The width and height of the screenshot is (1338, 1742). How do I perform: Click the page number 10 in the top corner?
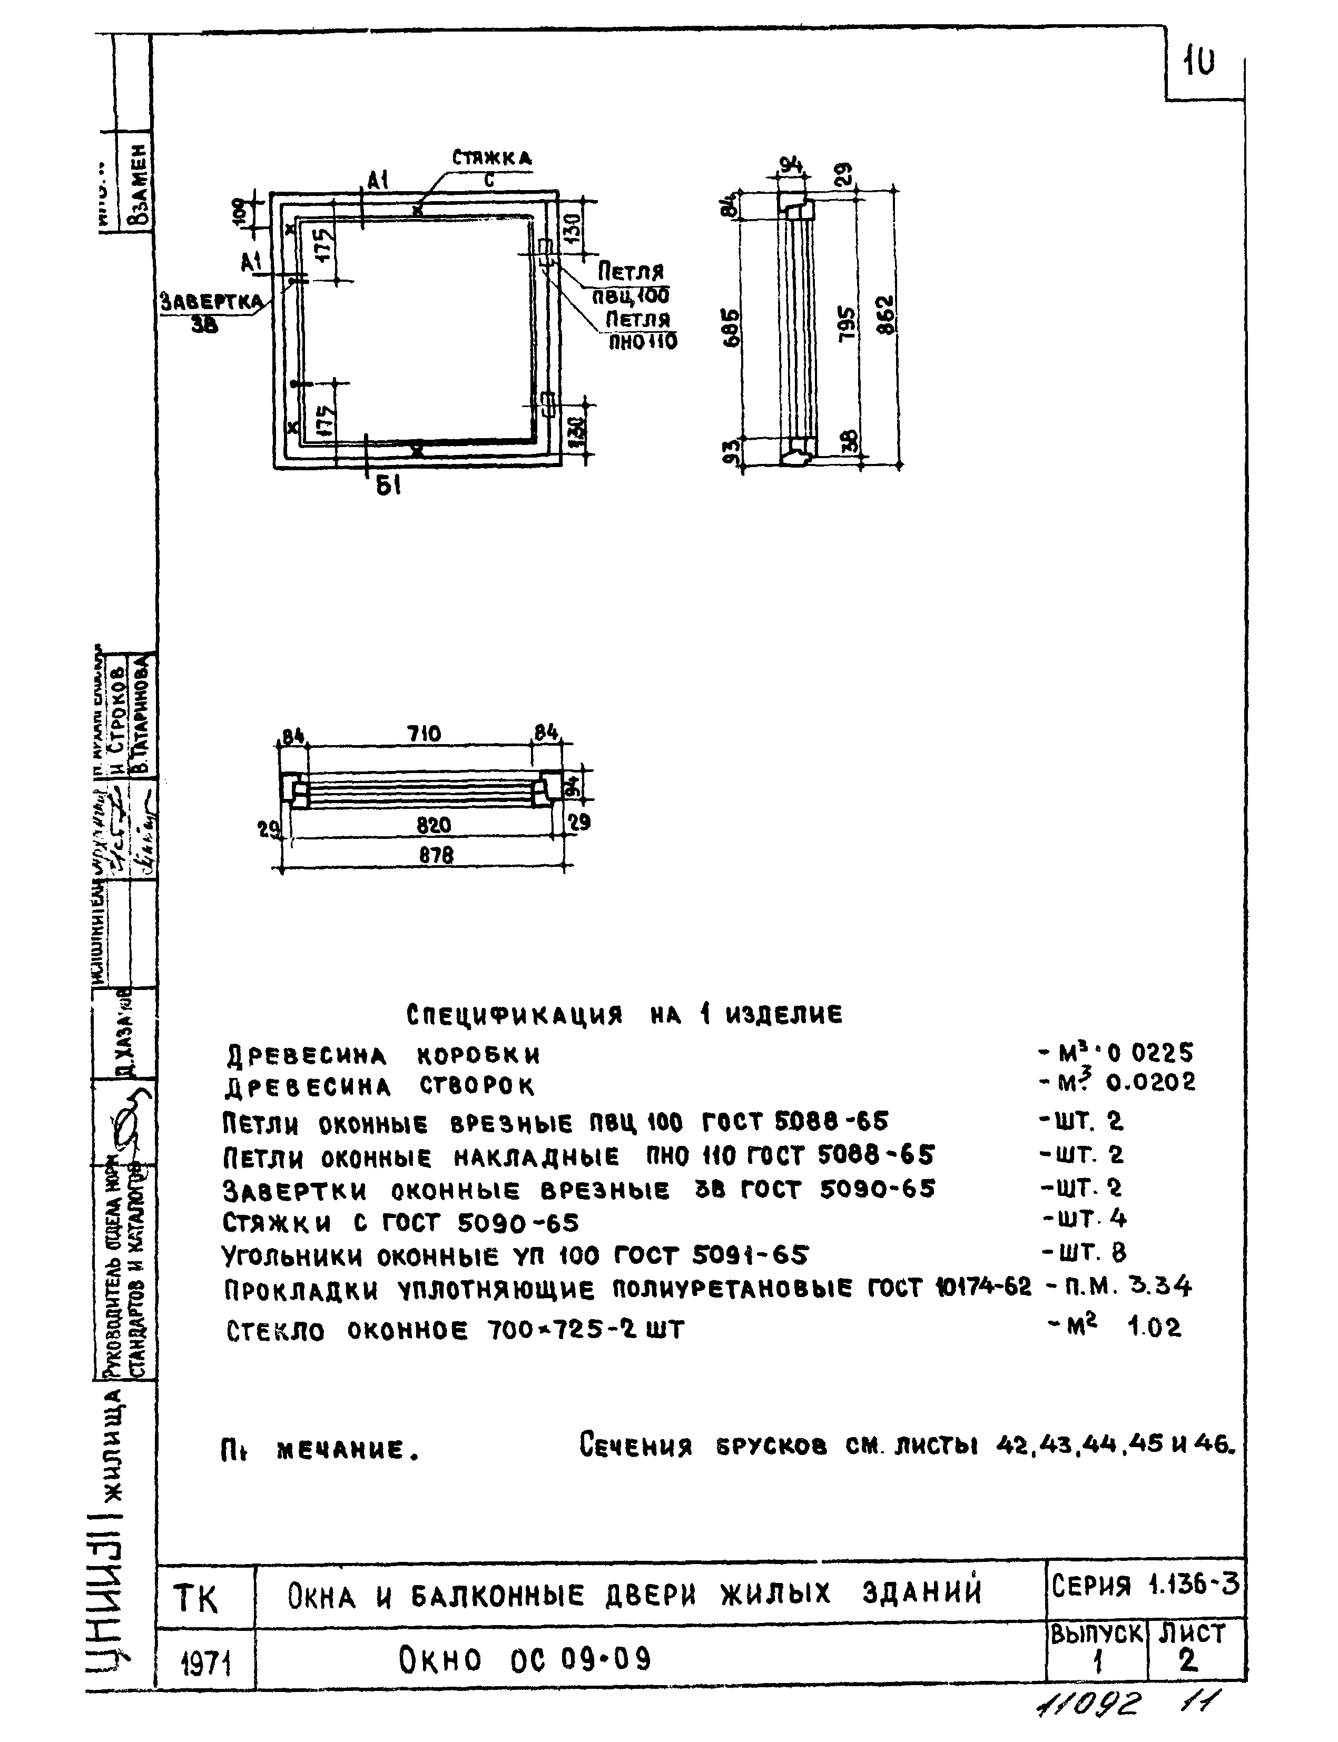[1199, 63]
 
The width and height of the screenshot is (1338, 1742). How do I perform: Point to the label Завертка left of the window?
[211, 302]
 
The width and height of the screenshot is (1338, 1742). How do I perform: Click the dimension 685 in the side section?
[733, 327]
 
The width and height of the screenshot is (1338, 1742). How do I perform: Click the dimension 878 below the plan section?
[436, 856]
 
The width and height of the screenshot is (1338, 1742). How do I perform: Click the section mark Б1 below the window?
[387, 487]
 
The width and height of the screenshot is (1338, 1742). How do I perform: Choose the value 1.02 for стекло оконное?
[1155, 1327]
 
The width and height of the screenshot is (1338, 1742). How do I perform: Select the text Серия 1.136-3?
[1145, 1586]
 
